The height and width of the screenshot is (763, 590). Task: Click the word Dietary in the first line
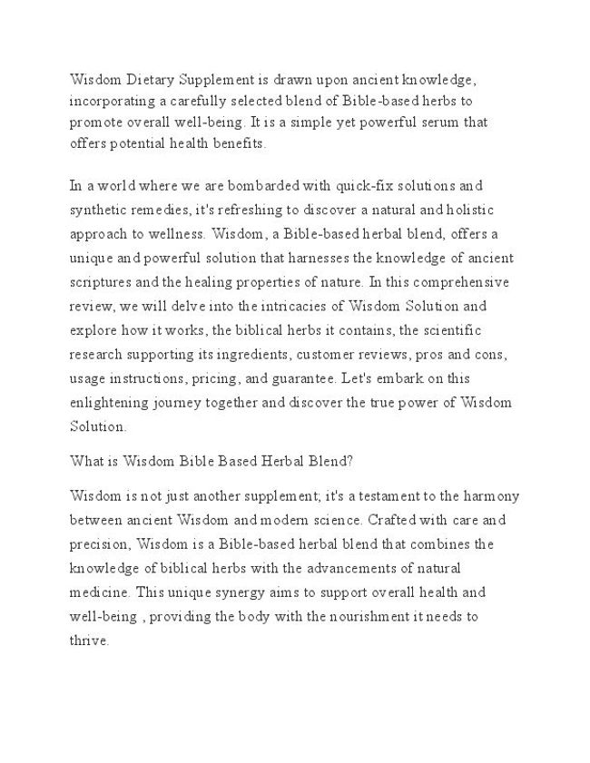[x=147, y=81]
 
